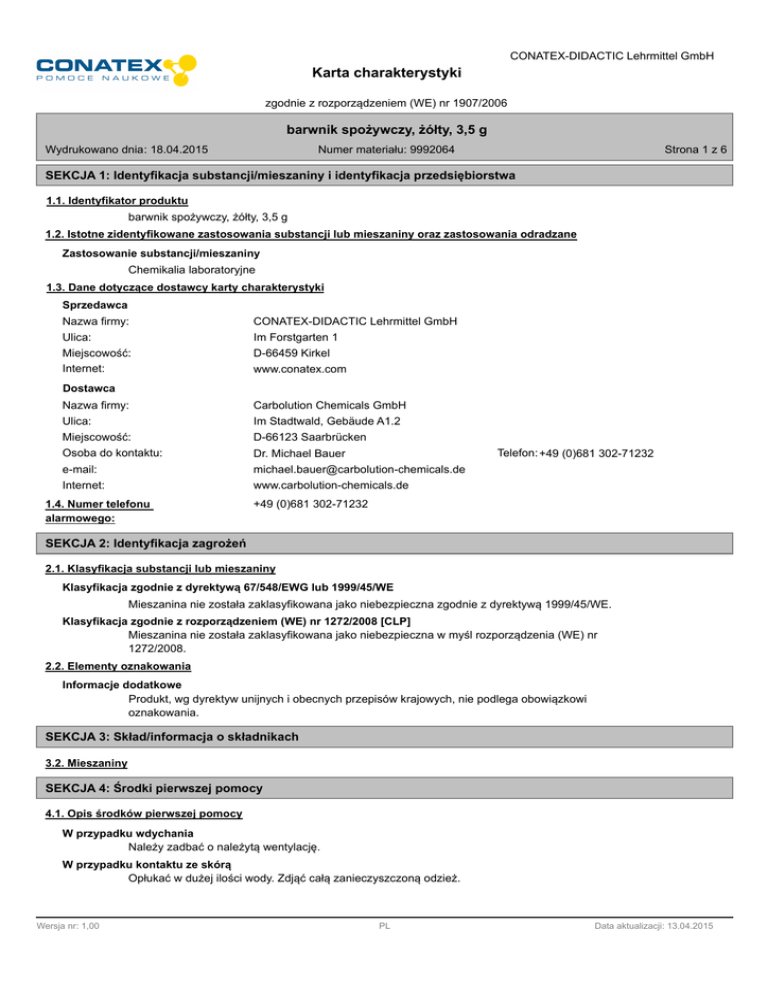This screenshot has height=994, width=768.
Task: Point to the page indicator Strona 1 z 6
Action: [695, 150]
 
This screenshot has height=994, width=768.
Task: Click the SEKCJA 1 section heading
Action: [274, 176]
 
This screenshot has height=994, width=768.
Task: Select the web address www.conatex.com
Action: [300, 369]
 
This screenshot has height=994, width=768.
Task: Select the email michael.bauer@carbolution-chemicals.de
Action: [359, 470]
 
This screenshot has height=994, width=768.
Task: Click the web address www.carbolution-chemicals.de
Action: [331, 486]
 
